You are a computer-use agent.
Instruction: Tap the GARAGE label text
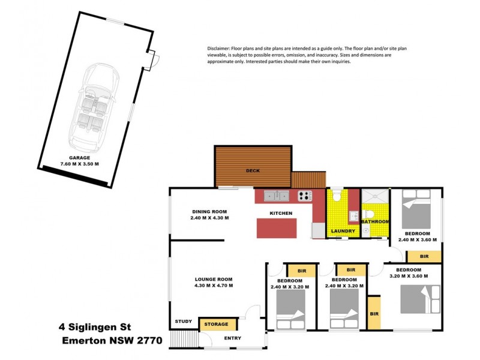pyautogui.click(x=79, y=157)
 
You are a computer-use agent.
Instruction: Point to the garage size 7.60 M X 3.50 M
pyautogui.click(x=79, y=163)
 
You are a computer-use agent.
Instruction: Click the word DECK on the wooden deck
pyautogui.click(x=253, y=171)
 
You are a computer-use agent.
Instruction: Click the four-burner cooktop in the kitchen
pyautogui.click(x=305, y=196)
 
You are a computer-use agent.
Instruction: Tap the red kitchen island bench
pyautogui.click(x=277, y=228)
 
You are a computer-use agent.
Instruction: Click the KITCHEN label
pyautogui.click(x=281, y=214)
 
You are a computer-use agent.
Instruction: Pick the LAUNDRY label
pyautogui.click(x=343, y=231)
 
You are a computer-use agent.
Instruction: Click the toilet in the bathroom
pyautogui.click(x=370, y=214)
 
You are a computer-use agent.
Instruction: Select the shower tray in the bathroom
pyautogui.click(x=373, y=197)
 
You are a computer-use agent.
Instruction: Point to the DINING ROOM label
pyautogui.click(x=209, y=211)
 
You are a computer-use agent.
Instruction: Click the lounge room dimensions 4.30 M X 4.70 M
pyautogui.click(x=213, y=286)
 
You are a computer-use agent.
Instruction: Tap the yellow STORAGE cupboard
pyautogui.click(x=217, y=325)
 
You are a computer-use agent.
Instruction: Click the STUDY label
pyautogui.click(x=184, y=322)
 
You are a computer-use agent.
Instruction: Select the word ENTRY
pyautogui.click(x=232, y=338)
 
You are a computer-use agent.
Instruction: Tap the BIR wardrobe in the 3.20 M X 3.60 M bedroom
pyautogui.click(x=374, y=313)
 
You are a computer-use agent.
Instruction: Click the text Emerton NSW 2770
pyautogui.click(x=112, y=340)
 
